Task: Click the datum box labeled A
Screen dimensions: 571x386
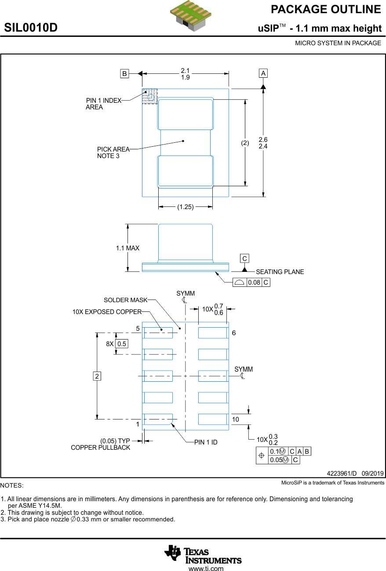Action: [x=263, y=73]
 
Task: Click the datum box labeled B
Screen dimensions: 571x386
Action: [x=125, y=74]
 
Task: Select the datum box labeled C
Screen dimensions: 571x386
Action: [x=244, y=259]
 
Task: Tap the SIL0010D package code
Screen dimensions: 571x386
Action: [x=31, y=28]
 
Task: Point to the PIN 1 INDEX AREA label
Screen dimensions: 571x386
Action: [x=103, y=104]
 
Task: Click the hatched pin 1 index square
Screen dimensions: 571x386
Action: [x=149, y=97]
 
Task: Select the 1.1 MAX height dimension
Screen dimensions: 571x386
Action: [x=127, y=248]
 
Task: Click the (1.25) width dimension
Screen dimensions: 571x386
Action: [x=186, y=207]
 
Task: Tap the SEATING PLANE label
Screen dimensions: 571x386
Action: [x=280, y=272]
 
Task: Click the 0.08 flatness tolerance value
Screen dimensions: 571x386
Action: [x=254, y=282]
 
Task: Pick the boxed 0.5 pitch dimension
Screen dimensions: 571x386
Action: [x=122, y=344]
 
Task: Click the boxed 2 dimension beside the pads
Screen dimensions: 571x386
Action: [x=97, y=376]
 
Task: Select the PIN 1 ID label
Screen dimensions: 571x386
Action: [x=206, y=442]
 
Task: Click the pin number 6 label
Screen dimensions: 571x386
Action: [x=234, y=333]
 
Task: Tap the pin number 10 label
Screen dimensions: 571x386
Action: [x=236, y=419]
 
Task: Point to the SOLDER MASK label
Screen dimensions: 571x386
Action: [x=125, y=300]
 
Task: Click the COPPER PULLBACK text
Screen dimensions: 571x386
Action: [x=101, y=448]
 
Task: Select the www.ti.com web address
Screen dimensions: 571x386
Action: [x=206, y=568]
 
